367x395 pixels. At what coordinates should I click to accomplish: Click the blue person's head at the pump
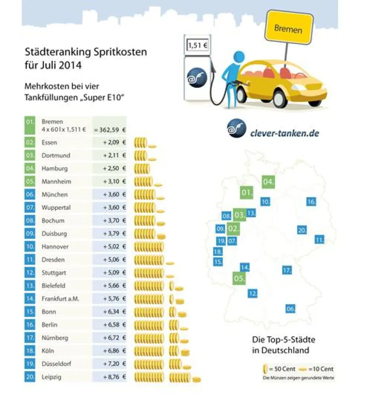coord(239,57)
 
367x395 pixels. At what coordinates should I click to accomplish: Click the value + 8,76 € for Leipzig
coord(111,377)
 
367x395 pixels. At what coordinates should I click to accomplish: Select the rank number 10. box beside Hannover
coord(29,247)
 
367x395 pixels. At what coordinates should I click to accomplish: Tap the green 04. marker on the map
coord(268,182)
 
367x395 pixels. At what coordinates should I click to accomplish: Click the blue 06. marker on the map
coord(290,309)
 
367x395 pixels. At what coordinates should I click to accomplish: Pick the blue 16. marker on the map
coord(311,202)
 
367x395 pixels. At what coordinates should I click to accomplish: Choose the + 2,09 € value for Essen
coord(111,143)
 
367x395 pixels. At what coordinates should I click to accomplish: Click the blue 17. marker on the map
coord(287,270)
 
